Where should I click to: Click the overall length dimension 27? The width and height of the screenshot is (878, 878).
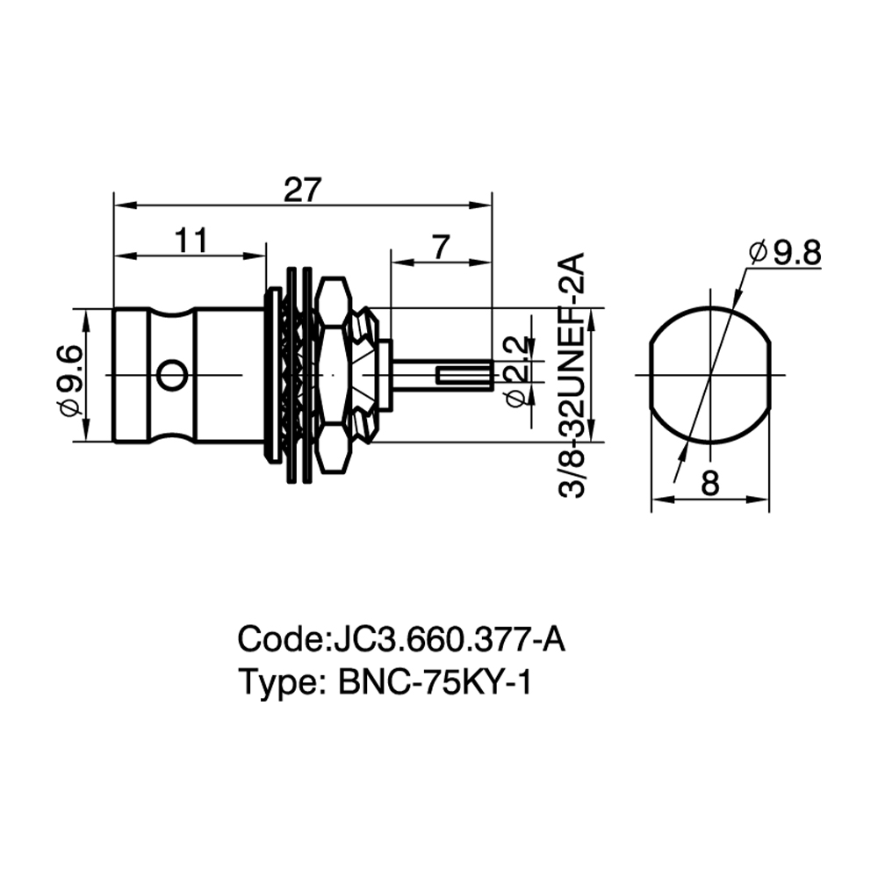[x=302, y=190]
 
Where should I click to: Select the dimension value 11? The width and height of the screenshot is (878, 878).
[x=191, y=241]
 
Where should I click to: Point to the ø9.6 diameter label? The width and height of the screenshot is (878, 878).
[x=71, y=381]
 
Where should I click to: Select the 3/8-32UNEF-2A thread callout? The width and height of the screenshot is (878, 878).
[x=572, y=375]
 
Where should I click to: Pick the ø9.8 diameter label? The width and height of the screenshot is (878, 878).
[x=785, y=253]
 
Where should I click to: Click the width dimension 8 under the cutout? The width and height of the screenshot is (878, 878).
[x=710, y=483]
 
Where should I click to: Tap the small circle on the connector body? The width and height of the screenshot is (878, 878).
[x=171, y=375]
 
